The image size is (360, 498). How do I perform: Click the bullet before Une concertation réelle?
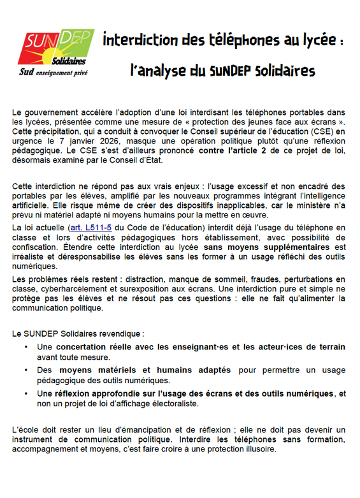(25, 347)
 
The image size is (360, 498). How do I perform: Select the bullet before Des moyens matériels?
(25, 370)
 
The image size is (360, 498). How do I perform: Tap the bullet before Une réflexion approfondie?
(25, 393)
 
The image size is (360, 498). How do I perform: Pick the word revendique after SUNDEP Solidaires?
(122, 333)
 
